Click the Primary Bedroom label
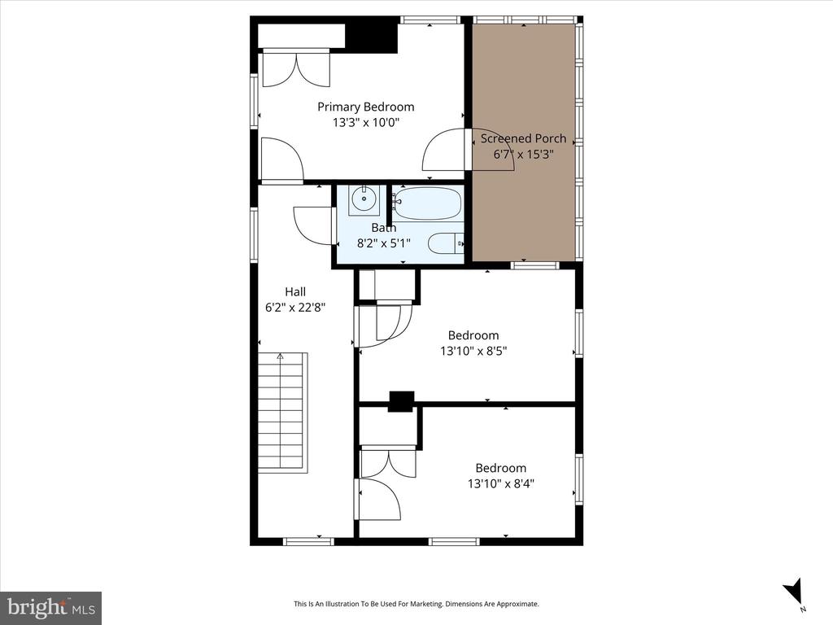click(x=365, y=107)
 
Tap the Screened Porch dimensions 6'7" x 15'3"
click(x=523, y=155)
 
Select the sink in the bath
click(x=364, y=199)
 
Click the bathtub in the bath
click(x=428, y=203)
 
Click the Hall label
click(x=295, y=291)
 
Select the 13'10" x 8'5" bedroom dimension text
click(x=473, y=351)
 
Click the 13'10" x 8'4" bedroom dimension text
click(x=500, y=483)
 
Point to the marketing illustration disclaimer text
click(x=416, y=604)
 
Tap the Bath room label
click(x=384, y=228)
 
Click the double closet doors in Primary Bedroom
click(x=296, y=68)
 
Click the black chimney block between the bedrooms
click(x=401, y=401)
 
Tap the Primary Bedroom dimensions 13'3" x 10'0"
click(x=365, y=123)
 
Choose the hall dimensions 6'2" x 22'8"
click(x=295, y=307)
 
